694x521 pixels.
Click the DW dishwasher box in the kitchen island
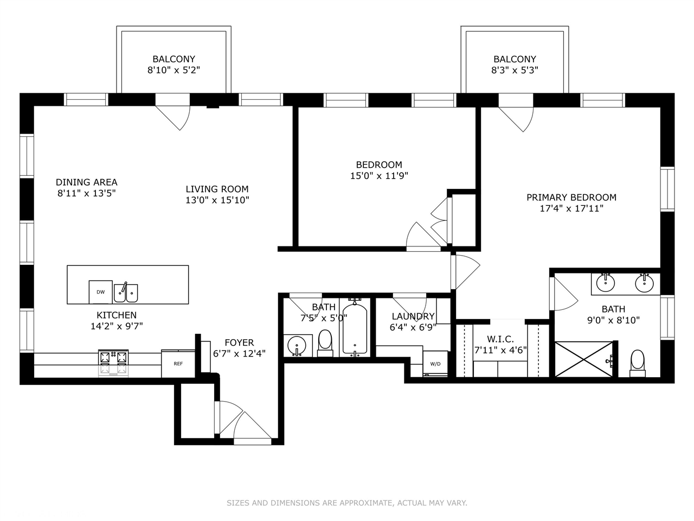[x=101, y=292]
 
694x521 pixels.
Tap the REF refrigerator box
[x=178, y=364]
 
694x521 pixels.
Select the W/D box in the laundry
[x=435, y=364]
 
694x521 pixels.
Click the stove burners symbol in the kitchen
[x=113, y=358]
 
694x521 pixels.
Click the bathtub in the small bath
[x=355, y=331]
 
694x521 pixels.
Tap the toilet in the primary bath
[x=638, y=362]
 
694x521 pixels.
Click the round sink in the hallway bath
[x=297, y=345]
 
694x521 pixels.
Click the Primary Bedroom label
[x=571, y=198]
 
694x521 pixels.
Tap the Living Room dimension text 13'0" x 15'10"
[x=217, y=200]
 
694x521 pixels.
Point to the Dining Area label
[x=87, y=182]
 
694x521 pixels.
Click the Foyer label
[x=239, y=342]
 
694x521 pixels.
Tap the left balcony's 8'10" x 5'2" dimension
[x=173, y=70]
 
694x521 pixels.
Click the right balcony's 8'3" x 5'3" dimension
[x=515, y=70]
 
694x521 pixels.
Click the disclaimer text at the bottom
[x=347, y=503]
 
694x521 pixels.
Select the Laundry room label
[x=413, y=316]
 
